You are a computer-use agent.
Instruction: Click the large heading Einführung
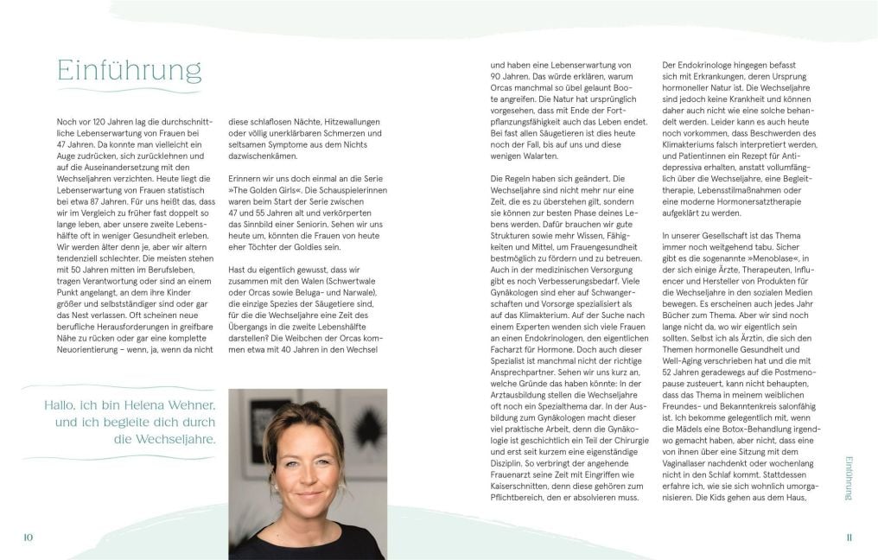click(x=129, y=69)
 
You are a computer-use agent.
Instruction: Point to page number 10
click(x=29, y=537)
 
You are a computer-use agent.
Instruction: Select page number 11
click(x=849, y=537)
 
